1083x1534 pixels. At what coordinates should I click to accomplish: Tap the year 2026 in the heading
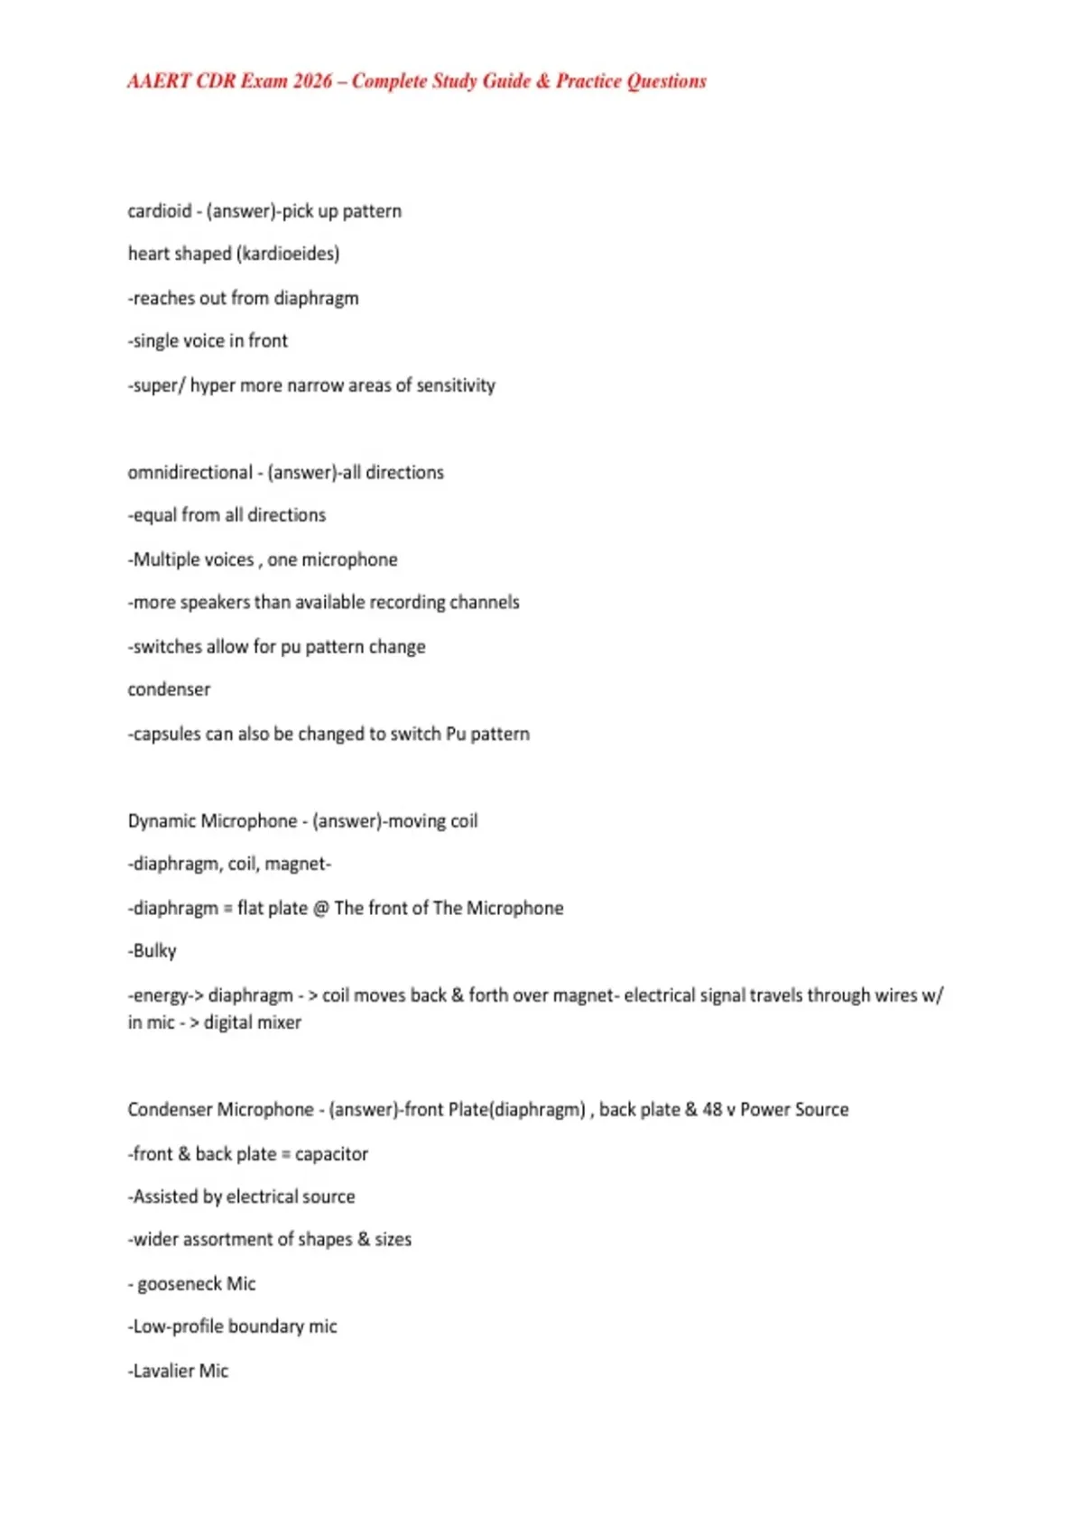pos(312,81)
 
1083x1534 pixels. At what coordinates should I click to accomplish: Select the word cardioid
pos(159,211)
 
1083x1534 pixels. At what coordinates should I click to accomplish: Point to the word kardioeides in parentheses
pos(287,254)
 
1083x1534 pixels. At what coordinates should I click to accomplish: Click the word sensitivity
pos(456,385)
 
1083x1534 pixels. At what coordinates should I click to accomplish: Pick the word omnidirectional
pos(190,473)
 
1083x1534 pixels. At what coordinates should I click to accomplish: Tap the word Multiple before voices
pos(162,559)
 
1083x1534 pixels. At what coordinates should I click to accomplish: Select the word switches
pos(166,647)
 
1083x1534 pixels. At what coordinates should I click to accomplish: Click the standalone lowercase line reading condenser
pos(169,689)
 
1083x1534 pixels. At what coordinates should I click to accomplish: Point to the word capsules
pos(166,734)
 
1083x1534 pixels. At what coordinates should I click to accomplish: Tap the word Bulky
pos(154,951)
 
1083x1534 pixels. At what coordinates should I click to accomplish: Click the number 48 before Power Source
pos(712,1110)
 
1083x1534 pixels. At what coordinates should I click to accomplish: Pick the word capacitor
pos(331,1154)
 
